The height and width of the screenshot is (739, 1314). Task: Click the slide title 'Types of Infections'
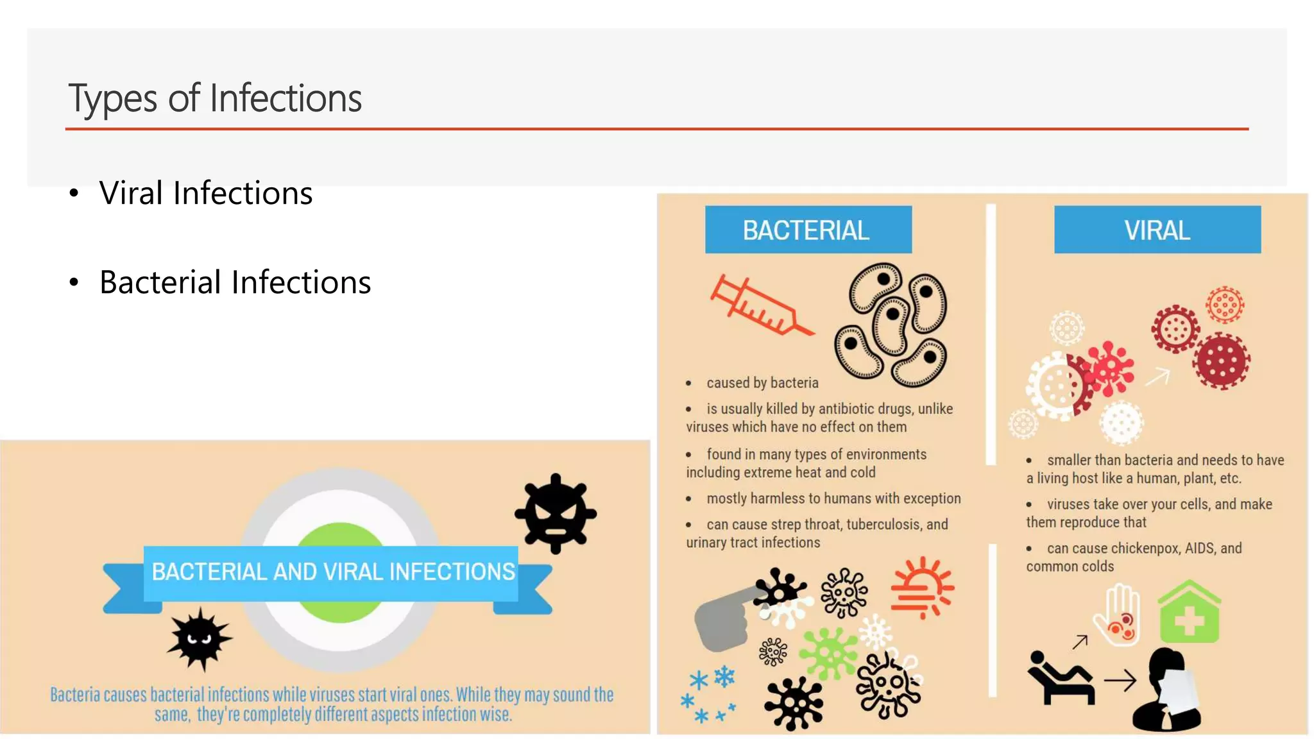click(215, 98)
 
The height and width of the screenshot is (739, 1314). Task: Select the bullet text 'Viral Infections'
click(205, 193)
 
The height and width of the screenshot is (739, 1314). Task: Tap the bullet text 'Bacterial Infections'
click(235, 282)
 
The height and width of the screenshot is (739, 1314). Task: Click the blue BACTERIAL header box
click(808, 230)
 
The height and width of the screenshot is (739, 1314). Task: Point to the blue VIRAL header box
click(1157, 230)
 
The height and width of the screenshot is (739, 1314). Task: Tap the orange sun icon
click(922, 587)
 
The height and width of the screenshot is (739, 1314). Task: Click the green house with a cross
click(1189, 613)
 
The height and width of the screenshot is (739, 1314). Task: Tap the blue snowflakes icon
click(709, 694)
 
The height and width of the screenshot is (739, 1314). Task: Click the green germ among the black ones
click(828, 653)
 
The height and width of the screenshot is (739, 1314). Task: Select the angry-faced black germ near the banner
click(556, 513)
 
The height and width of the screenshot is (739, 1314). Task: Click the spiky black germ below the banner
click(200, 639)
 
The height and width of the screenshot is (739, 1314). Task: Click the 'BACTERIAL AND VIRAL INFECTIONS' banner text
click(333, 572)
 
